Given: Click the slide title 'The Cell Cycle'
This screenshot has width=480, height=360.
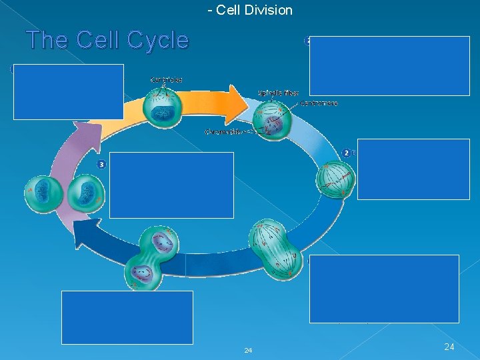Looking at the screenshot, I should pos(107,41).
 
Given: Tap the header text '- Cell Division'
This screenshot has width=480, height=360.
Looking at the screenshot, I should pos(250,10).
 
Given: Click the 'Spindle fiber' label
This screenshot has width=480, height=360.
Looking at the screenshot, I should pos(278,93).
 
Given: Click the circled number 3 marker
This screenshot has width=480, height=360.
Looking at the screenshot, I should pos(101,165).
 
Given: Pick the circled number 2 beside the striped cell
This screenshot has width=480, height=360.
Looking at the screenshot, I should pos(346,153).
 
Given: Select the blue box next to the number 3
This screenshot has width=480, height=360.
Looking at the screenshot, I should pos(171,185).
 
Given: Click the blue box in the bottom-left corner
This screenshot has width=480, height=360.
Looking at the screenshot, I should pos(127,317).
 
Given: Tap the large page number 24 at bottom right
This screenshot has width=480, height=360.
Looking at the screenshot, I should pos(449,347).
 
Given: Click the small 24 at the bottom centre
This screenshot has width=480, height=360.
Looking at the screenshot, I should pos(248,351).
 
